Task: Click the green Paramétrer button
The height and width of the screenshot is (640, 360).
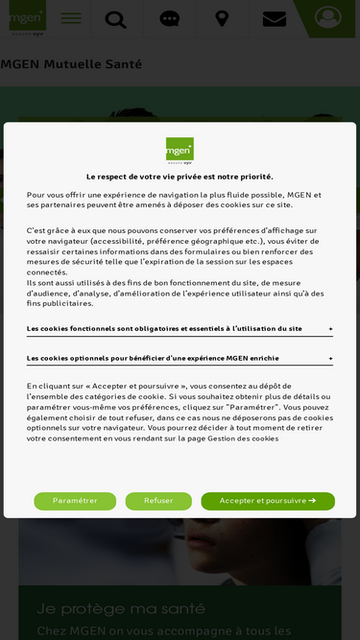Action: pyautogui.click(x=75, y=501)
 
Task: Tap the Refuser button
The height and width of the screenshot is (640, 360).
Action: pyautogui.click(x=158, y=501)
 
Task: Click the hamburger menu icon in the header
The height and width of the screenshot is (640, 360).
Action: pyautogui.click(x=71, y=18)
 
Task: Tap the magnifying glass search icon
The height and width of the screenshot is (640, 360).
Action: pyautogui.click(x=115, y=19)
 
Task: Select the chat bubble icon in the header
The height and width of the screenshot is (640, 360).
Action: pyautogui.click(x=169, y=19)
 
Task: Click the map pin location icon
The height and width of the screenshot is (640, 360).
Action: pyautogui.click(x=222, y=19)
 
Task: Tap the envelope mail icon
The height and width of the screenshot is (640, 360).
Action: pyautogui.click(x=275, y=19)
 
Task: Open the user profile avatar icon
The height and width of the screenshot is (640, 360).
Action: pyautogui.click(x=327, y=18)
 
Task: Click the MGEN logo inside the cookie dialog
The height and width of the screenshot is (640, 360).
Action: pyautogui.click(x=180, y=152)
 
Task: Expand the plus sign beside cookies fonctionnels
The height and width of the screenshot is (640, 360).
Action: pyautogui.click(x=331, y=329)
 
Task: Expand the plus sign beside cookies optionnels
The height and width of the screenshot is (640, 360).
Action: pyautogui.click(x=331, y=359)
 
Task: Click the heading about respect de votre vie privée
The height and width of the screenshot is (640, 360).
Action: pyautogui.click(x=180, y=177)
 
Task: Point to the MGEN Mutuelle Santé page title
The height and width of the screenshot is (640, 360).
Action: pyautogui.click(x=71, y=64)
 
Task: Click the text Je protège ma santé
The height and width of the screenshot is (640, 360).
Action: pyautogui.click(x=107, y=608)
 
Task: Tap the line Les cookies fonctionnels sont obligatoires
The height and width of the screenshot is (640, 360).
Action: pyautogui.click(x=164, y=329)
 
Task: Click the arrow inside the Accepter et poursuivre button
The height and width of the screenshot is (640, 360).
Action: pyautogui.click(x=312, y=501)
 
